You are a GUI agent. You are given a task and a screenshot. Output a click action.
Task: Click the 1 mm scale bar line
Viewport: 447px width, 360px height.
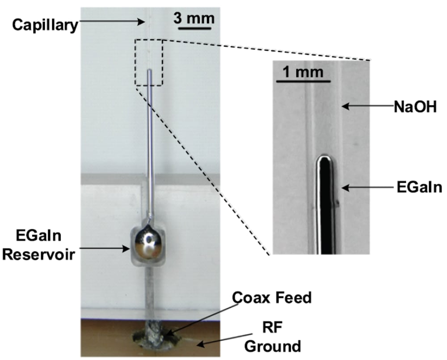(x=304, y=81)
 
